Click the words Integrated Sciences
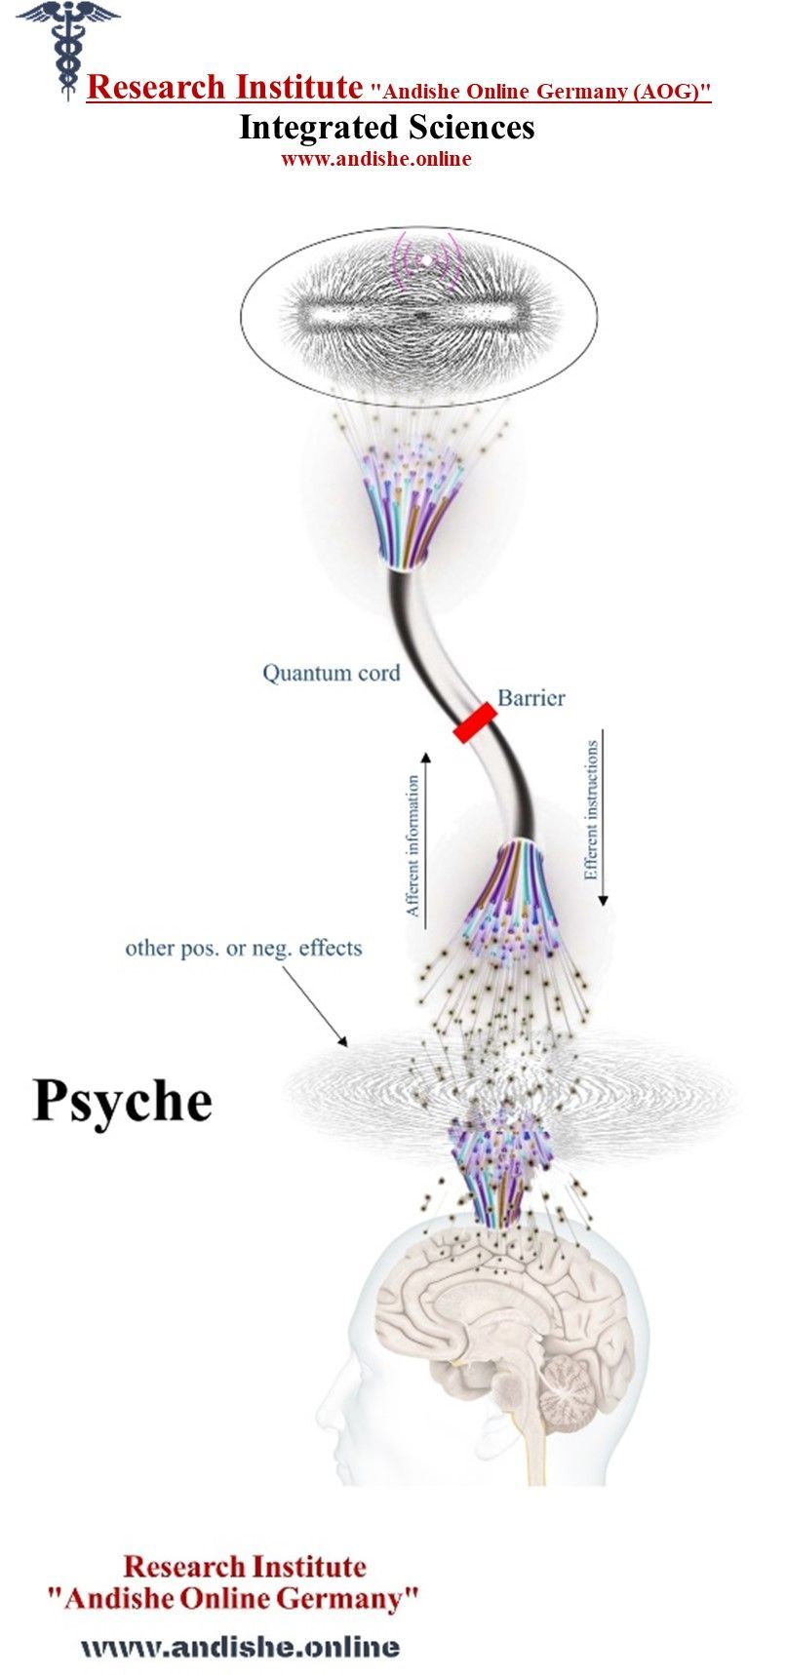(x=387, y=127)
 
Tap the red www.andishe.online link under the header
(x=375, y=159)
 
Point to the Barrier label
(x=531, y=697)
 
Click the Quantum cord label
(x=331, y=673)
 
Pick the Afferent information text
(x=413, y=845)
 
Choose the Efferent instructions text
(x=591, y=810)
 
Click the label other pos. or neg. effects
(x=243, y=948)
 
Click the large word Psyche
(x=122, y=1101)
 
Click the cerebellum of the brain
(x=566, y=1388)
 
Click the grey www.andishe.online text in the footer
(x=240, y=1647)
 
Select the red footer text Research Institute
(x=244, y=1567)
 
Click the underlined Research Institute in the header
(x=224, y=88)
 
